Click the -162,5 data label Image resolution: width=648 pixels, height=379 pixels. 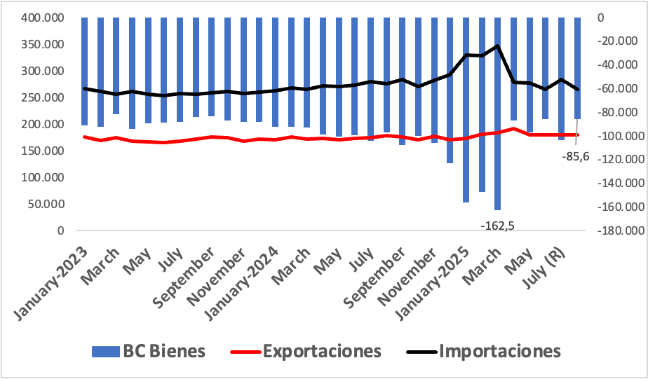tap(498, 226)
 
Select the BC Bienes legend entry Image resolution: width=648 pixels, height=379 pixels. tap(149, 352)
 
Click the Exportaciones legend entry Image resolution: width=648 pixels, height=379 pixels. tap(306, 352)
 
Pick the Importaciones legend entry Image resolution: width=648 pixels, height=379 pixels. tap(483, 352)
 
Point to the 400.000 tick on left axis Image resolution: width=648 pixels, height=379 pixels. tap(43, 18)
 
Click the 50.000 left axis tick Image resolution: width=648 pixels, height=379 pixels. tap(46, 204)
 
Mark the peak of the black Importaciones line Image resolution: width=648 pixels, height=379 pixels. tap(498, 46)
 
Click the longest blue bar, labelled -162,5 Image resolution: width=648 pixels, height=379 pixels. tap(498, 114)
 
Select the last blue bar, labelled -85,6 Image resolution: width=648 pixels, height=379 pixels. tap(577, 68)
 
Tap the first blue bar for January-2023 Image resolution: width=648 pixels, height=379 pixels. tap(84, 71)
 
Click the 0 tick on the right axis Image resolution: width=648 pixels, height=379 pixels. tap(600, 18)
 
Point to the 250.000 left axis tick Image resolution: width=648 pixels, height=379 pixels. tap(43, 97)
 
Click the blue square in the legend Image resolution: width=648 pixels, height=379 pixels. tap(106, 352)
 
